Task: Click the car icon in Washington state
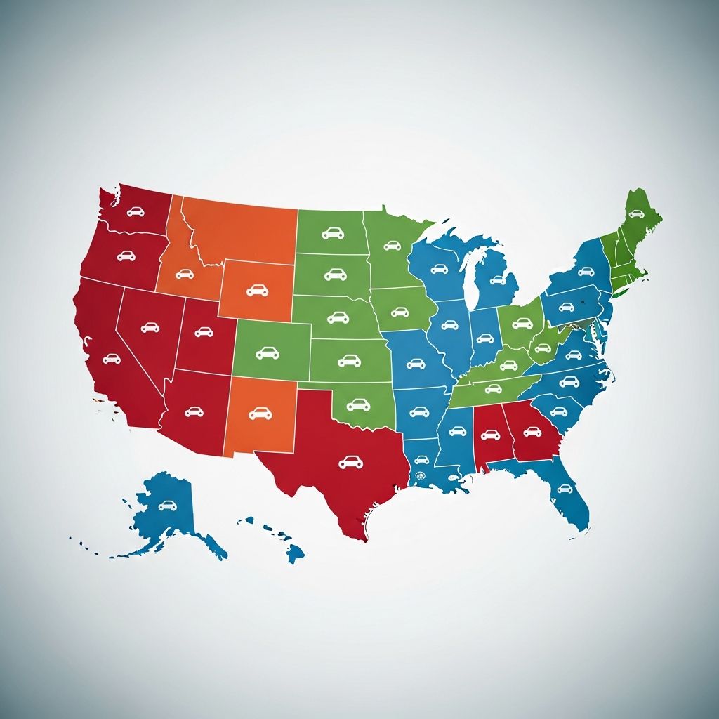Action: click(136, 211)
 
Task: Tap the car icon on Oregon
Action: click(126, 256)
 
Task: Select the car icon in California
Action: click(111, 359)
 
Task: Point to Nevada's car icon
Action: click(150, 327)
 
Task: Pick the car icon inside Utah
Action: click(204, 331)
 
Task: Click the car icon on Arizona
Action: click(194, 411)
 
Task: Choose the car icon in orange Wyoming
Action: click(257, 289)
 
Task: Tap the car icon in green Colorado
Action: click(268, 352)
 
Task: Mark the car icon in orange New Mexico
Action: click(260, 414)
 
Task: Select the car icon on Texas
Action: click(350, 461)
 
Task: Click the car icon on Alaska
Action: click(167, 505)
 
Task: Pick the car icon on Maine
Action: click(636, 214)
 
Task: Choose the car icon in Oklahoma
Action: click(358, 404)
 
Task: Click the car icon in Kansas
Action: click(349, 361)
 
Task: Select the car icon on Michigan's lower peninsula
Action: click(498, 280)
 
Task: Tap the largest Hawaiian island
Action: click(296, 554)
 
